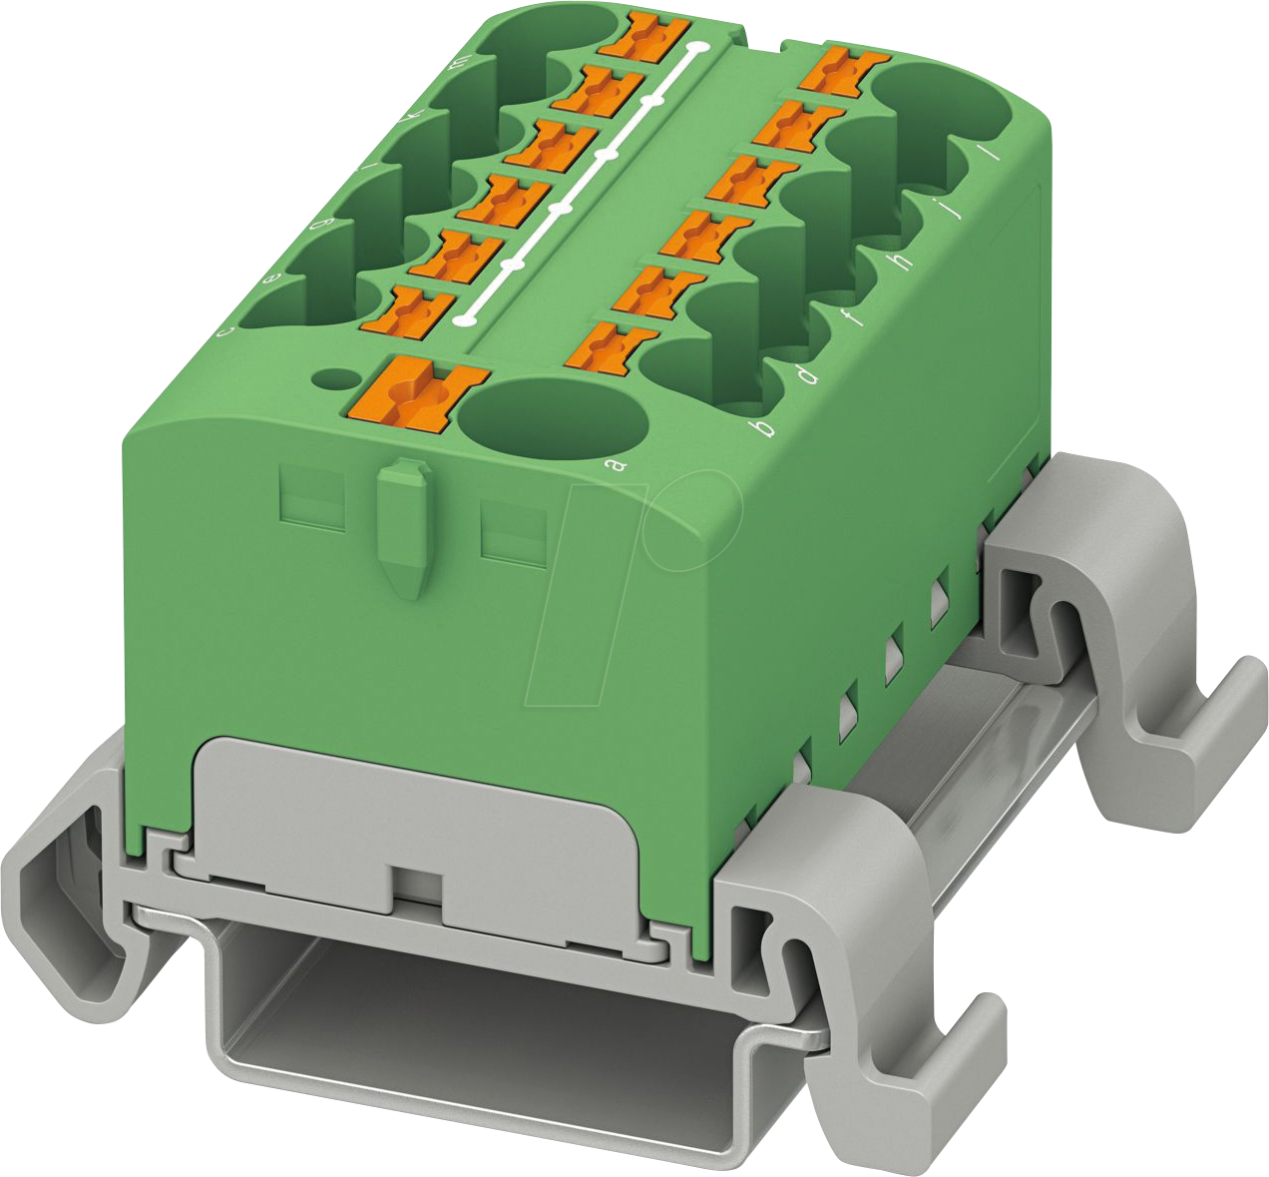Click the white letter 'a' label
pyautogui.click(x=617, y=464)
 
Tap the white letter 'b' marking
pyautogui.click(x=765, y=429)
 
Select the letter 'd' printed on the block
pyautogui.click(x=806, y=375)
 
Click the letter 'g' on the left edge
pyautogui.click(x=318, y=225)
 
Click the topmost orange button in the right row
pyautogui.click(x=847, y=71)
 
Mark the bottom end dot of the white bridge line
pyautogui.click(x=464, y=320)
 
